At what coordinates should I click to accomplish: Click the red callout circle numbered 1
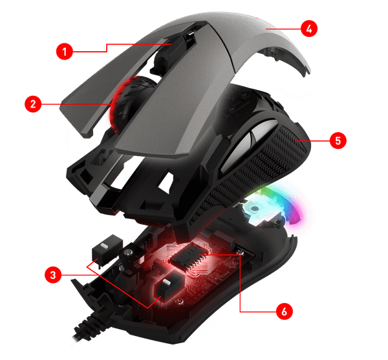[x=65, y=51]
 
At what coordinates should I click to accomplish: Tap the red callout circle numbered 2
[x=33, y=104]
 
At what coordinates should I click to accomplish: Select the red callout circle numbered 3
[x=53, y=275]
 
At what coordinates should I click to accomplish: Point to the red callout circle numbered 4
[x=309, y=28]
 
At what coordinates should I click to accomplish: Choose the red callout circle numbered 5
[x=338, y=141]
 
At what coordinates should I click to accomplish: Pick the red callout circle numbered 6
[x=285, y=311]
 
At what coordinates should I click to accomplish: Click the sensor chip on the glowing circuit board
[x=190, y=256]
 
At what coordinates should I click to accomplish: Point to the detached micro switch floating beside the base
[x=107, y=250]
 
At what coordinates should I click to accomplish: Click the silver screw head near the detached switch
[x=128, y=253]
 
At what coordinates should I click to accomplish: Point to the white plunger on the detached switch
[x=104, y=246]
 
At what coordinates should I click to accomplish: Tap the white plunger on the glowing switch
[x=166, y=282]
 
